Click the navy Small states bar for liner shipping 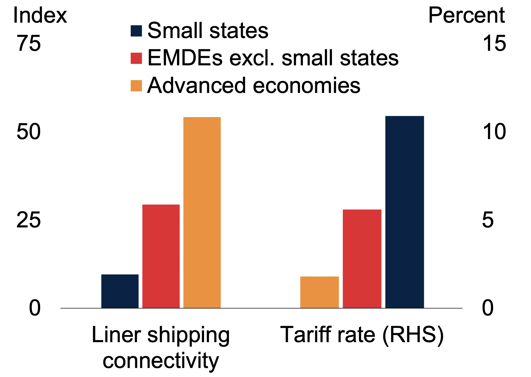[120, 291]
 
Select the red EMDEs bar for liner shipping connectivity [161, 256]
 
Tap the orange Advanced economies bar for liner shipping [202, 212]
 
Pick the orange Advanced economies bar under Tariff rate [319, 292]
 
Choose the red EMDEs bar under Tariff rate [362, 258]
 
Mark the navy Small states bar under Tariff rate [404, 212]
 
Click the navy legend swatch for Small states [136, 31]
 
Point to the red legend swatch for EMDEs [136, 58]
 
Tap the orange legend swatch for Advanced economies [136, 86]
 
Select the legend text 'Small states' [208, 30]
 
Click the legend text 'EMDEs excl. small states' [273, 58]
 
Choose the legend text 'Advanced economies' [254, 85]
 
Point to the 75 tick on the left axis [29, 44]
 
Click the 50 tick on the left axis [28, 132]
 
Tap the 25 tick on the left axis [28, 220]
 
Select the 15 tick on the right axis [494, 44]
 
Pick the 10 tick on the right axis [494, 132]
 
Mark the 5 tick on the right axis [488, 220]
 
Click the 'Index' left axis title [40, 15]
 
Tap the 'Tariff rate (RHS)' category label [362, 335]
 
